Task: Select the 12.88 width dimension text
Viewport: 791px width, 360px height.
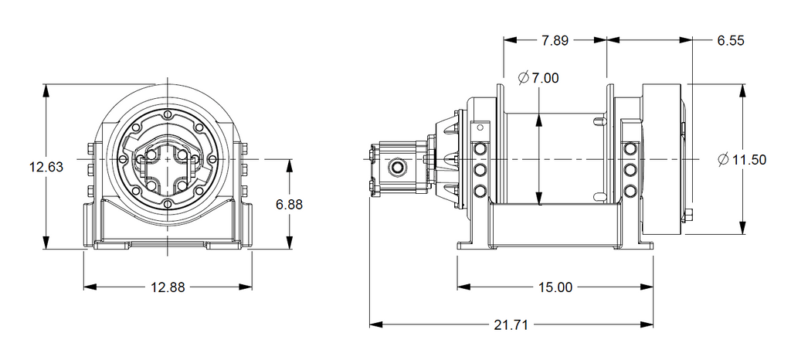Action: (168, 287)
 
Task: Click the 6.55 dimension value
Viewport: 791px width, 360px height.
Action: (730, 41)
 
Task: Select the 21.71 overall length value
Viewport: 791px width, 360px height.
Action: (511, 325)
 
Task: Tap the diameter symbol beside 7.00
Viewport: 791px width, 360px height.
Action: (522, 77)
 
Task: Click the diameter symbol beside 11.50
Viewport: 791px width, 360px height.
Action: (722, 160)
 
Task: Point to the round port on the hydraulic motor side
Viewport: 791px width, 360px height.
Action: (399, 166)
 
